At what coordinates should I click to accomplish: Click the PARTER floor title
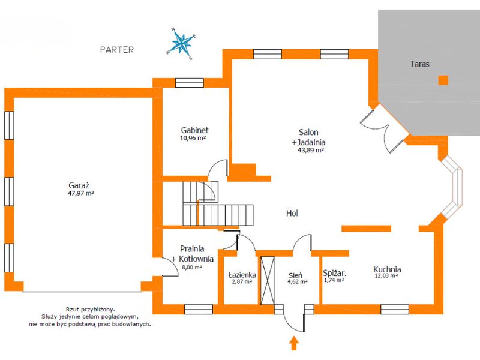click(x=117, y=50)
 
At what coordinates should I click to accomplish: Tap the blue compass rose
click(x=182, y=44)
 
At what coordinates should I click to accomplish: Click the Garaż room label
click(x=79, y=185)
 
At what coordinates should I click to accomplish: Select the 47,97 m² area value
click(x=80, y=193)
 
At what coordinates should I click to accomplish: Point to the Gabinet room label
click(x=194, y=130)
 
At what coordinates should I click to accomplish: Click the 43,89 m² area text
click(x=311, y=151)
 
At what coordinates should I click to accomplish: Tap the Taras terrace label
click(x=419, y=64)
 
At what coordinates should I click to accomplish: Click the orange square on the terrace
click(x=443, y=80)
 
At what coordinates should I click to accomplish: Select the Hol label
click(x=292, y=213)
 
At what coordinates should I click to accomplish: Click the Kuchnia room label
click(x=387, y=269)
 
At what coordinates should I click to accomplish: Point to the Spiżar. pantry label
click(x=335, y=274)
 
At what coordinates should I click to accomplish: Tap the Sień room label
click(x=295, y=275)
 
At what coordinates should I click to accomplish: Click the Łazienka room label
click(x=242, y=275)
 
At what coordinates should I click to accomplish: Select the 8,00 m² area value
click(x=192, y=267)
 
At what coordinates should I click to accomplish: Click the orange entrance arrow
click(x=294, y=343)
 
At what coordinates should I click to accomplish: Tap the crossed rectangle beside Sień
click(x=268, y=280)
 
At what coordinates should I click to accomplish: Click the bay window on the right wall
click(x=452, y=187)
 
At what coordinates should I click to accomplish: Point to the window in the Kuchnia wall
click(x=395, y=310)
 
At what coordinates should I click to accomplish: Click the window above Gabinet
click(x=190, y=83)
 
